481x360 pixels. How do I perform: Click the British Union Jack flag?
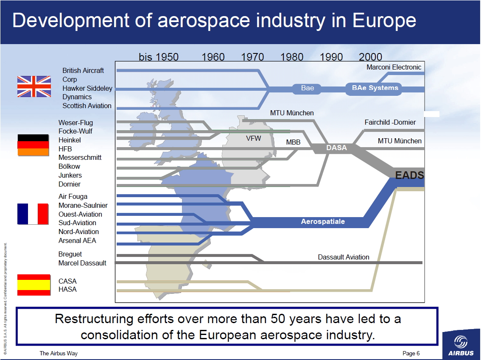[x=34, y=87]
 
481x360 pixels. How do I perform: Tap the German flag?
[x=33, y=145]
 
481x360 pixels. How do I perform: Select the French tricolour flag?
[x=33, y=214]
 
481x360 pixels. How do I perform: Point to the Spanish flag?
[x=34, y=285]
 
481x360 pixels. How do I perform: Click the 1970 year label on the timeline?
[x=252, y=57]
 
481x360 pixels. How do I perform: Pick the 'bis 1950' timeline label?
[x=159, y=57]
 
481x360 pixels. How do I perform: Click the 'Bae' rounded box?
[x=308, y=88]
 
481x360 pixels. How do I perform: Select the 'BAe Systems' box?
[x=375, y=88]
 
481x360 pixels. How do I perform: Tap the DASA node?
[x=336, y=148]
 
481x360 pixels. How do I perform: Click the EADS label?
[x=409, y=175]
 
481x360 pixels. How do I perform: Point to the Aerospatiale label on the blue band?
[x=323, y=222]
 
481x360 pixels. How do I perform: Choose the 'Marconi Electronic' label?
[x=394, y=67]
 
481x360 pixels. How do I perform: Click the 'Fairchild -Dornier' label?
[x=390, y=122]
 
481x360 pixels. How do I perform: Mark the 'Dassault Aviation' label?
[x=344, y=257]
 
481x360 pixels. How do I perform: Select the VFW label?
[x=254, y=139]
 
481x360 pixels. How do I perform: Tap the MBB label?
[x=293, y=142]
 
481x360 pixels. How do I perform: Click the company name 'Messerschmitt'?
[x=80, y=158]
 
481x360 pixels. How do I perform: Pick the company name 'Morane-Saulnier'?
[x=83, y=205]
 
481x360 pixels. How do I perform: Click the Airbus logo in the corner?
[x=461, y=346]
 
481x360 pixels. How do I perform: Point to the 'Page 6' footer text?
[x=411, y=354]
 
